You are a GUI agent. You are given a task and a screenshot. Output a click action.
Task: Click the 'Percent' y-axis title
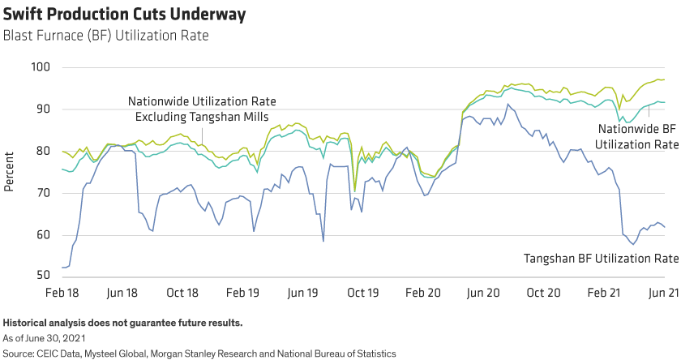click(x=10, y=172)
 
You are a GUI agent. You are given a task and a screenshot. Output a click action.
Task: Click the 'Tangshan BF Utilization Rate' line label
click(x=601, y=259)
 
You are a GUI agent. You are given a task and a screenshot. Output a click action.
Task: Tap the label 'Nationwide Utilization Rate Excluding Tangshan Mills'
click(x=203, y=109)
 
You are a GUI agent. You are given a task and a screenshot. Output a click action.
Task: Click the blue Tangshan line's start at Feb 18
click(x=62, y=268)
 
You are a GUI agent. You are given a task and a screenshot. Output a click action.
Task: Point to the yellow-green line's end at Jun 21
click(x=664, y=79)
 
